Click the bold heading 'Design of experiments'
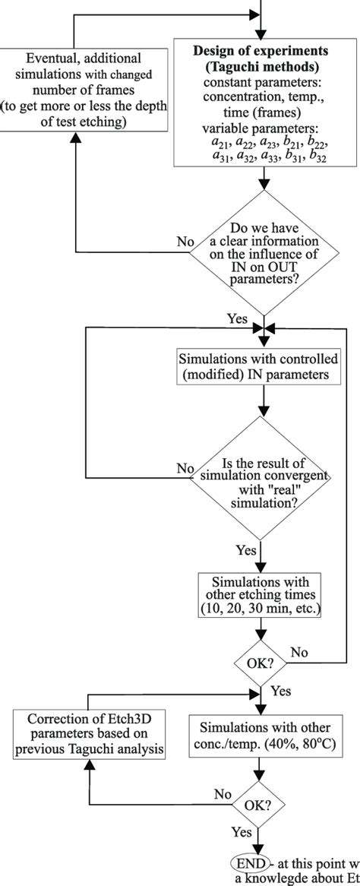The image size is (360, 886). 261,51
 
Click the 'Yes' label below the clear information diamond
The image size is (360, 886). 237,318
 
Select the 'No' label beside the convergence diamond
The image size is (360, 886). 185,469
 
